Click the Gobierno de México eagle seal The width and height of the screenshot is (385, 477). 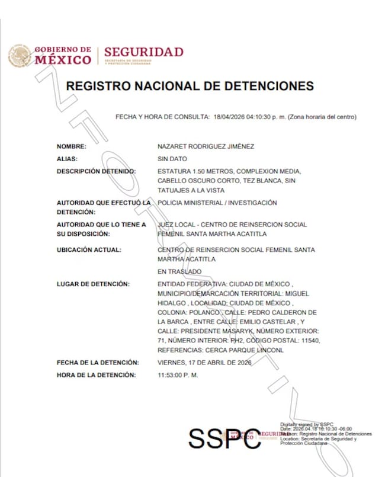(x=20, y=55)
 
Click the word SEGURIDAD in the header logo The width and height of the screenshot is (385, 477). (x=144, y=52)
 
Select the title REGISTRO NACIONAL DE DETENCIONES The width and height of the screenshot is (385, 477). (x=190, y=86)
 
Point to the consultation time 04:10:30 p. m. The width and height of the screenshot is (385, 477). (x=268, y=117)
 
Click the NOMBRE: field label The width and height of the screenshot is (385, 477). (x=71, y=146)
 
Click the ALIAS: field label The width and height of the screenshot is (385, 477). (x=67, y=159)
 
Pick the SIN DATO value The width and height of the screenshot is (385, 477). (x=172, y=159)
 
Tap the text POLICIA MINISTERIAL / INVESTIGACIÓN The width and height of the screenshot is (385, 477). (x=217, y=203)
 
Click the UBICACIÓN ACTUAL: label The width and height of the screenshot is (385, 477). (x=89, y=249)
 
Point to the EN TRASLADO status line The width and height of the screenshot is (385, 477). (x=179, y=271)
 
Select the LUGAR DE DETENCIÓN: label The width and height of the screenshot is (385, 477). (x=92, y=284)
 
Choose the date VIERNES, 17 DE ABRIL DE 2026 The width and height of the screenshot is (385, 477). (x=204, y=362)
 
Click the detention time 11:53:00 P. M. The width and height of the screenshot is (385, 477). (x=178, y=375)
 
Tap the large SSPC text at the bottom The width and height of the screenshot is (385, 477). (x=224, y=438)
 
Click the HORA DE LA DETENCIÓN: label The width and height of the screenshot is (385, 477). (x=96, y=375)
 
